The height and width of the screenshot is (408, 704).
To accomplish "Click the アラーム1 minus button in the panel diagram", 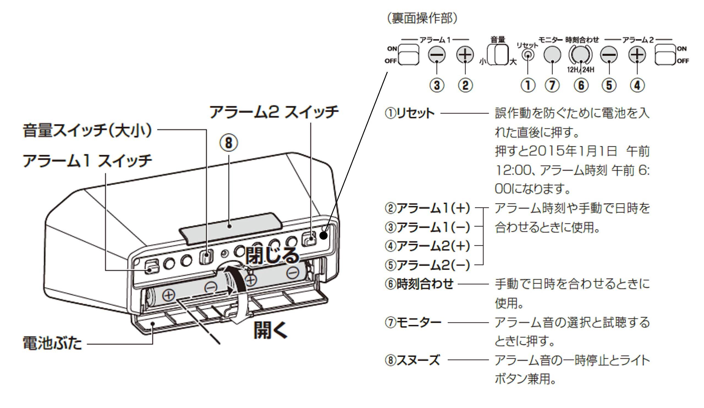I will click(x=437, y=54).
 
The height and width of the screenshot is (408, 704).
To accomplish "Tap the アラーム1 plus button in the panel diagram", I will click(x=465, y=54).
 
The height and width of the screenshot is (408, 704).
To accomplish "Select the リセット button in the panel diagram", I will click(x=527, y=55).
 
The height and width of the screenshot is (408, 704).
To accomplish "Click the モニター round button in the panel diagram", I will click(x=552, y=54).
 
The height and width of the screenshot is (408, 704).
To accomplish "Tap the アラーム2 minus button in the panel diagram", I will click(x=609, y=54).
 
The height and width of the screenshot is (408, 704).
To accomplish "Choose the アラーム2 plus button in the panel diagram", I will click(x=637, y=54).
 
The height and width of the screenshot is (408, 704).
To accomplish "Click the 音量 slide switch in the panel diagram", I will click(x=497, y=55).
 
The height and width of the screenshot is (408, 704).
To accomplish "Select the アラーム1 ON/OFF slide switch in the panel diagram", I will click(x=408, y=55).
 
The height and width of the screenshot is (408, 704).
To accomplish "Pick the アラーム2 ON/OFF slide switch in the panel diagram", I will click(x=665, y=55).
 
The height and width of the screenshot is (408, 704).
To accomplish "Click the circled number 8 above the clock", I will click(x=229, y=143).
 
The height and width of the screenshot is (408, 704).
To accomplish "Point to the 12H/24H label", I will click(x=581, y=69).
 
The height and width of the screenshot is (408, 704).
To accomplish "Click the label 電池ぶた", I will click(x=52, y=343).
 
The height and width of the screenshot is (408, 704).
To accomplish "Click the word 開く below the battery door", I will click(x=270, y=330).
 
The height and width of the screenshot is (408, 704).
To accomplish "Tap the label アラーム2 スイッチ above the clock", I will click(x=274, y=112).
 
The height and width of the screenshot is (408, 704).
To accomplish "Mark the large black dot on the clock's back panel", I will click(x=323, y=235).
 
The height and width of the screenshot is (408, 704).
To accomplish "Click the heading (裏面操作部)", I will click(x=422, y=19).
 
